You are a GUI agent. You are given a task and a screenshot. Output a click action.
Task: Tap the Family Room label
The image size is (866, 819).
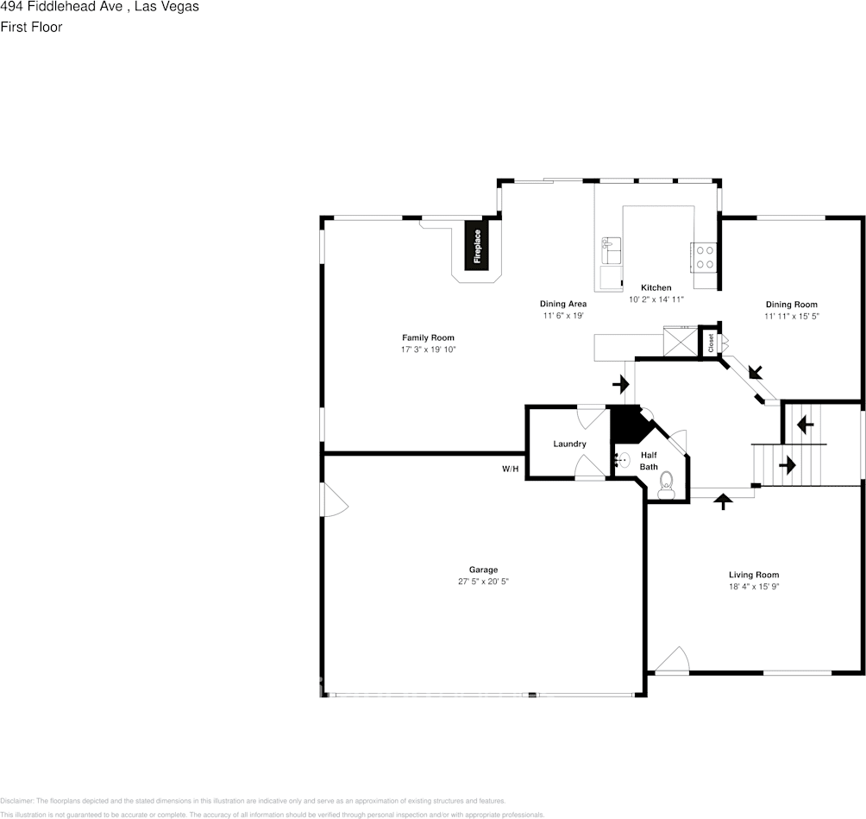coord(428,337)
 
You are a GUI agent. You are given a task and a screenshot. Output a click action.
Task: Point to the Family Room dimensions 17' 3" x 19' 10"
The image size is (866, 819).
coord(428,350)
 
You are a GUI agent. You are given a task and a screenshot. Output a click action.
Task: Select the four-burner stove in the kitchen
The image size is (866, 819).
coord(703,256)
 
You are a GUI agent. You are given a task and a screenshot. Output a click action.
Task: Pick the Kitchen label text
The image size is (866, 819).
coord(656,287)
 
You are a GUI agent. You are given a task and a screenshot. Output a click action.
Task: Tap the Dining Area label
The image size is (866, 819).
coord(563,304)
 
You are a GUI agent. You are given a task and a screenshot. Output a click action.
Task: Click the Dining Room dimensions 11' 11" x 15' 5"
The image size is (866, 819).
coord(791,316)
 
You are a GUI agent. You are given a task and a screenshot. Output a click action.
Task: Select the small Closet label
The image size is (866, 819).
coord(710,343)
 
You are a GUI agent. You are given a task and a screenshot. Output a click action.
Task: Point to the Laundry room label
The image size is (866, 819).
coord(569,444)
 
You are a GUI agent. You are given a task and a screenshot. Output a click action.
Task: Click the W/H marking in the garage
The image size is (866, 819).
coord(511,469)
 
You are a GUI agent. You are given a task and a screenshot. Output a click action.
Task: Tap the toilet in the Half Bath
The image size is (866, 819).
coord(666,488)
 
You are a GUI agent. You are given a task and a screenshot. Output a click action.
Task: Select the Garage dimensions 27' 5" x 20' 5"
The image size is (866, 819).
coord(483,582)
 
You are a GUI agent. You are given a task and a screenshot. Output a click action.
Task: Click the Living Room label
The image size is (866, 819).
coord(753,575)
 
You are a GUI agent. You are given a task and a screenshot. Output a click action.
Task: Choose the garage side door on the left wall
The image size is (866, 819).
coord(334,500)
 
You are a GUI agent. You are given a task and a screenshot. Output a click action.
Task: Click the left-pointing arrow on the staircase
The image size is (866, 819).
coord(805,425)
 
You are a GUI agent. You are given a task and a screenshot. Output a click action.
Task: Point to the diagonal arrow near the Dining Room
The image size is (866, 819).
coord(756,372)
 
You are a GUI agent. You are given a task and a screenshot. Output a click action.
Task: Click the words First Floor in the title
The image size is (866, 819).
coord(31,27)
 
